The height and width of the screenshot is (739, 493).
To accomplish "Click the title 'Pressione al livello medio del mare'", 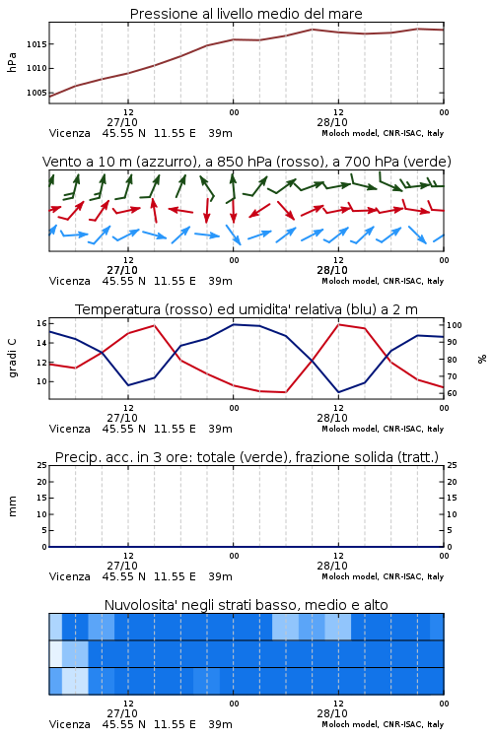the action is coord(246,14).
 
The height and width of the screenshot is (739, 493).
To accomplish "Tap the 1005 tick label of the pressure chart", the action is coord(36,93).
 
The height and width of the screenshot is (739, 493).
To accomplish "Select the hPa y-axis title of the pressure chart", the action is coord(12,62).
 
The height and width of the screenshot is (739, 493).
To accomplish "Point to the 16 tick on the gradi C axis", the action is coord(41,323).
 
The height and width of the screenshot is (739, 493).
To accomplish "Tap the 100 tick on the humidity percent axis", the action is coord(455,325).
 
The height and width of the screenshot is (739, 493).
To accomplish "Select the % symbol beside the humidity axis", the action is coord(482,359).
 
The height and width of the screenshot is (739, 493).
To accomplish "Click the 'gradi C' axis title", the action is coord(13,359).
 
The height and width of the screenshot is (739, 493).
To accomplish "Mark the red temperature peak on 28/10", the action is coord(338,324).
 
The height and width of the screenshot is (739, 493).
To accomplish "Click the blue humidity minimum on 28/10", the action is coord(338,392).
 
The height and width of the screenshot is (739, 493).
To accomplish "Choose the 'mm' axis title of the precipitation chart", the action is coord(12,506).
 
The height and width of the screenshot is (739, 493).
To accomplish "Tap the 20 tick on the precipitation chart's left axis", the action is coord(42,482).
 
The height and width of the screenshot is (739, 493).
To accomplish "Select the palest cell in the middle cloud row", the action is coord(55,653).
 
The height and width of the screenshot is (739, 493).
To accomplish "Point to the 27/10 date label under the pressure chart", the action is coord(122,122).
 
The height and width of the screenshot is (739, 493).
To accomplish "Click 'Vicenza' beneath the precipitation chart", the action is coord(70,576).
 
